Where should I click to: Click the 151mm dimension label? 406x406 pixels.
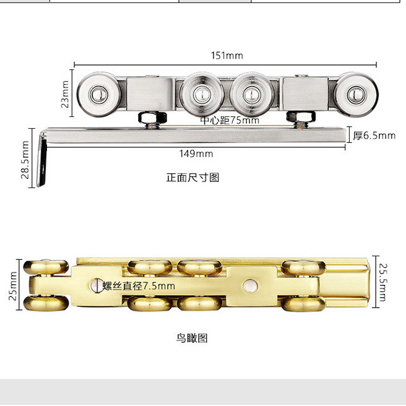pos(227,56)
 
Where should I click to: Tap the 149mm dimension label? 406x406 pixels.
pos(197,153)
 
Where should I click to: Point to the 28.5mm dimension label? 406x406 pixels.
pos(25,159)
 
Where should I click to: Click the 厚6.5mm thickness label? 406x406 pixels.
pos(374,135)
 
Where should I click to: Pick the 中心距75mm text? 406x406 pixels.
pos(230,120)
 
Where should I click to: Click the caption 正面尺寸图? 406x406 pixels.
pos(192,178)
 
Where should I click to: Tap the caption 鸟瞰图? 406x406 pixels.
pos(192,338)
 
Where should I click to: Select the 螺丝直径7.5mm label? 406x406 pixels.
pos(139,286)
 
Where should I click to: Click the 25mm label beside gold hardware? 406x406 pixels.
pos(14,286)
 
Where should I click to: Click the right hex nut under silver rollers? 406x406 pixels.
pos(299,117)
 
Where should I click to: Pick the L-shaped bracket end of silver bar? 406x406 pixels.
pos(42,158)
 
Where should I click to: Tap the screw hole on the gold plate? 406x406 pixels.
pos(93,286)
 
